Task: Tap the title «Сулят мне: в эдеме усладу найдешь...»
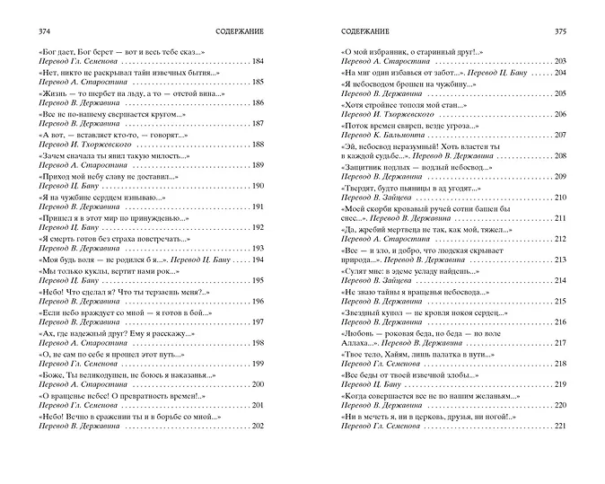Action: [x=408, y=268]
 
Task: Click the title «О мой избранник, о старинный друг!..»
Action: [x=412, y=52]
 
